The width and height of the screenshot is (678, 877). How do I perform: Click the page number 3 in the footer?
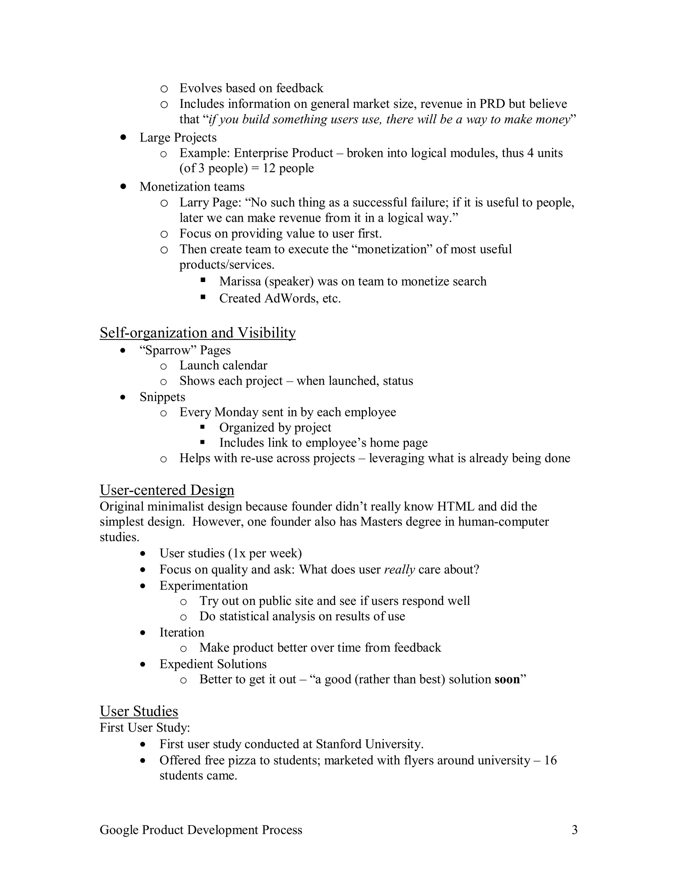pyautogui.click(x=574, y=830)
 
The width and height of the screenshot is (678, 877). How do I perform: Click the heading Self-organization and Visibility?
pyautogui.click(x=198, y=333)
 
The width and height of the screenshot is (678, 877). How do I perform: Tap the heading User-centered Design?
pyautogui.click(x=167, y=490)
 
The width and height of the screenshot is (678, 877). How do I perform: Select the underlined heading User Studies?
pyautogui.click(x=139, y=711)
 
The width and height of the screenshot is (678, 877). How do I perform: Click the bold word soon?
pyautogui.click(x=507, y=679)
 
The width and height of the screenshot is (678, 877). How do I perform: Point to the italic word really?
pyautogui.click(x=399, y=570)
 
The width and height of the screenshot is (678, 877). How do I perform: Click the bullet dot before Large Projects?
pyautogui.click(x=123, y=137)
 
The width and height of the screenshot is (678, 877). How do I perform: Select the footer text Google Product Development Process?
pyautogui.click(x=201, y=830)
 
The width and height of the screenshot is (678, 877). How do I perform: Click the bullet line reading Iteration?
pyautogui.click(x=181, y=632)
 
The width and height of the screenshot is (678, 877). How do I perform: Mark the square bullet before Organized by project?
pyautogui.click(x=203, y=427)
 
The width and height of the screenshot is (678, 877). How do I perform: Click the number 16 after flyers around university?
pyautogui.click(x=550, y=760)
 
